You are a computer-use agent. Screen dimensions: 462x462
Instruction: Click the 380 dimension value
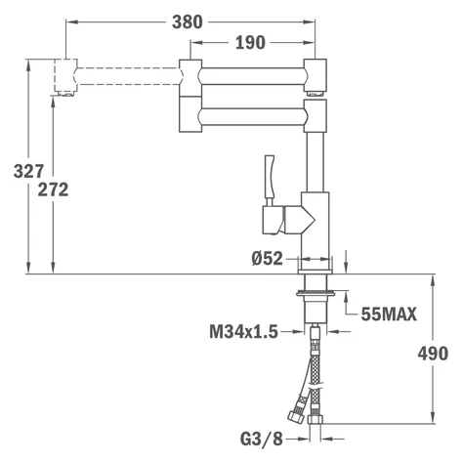(188, 22)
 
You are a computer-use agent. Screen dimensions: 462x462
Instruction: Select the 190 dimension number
(250, 43)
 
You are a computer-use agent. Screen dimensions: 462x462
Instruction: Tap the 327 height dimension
(28, 171)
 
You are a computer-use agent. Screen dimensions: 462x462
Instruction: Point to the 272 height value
(53, 189)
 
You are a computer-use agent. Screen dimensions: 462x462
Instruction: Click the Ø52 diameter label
(268, 259)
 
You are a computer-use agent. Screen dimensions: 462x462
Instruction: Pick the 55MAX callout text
(389, 315)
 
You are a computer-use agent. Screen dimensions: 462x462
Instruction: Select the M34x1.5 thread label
(243, 332)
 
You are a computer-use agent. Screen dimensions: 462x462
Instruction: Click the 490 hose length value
(433, 354)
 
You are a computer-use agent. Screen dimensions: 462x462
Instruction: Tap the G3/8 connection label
(262, 440)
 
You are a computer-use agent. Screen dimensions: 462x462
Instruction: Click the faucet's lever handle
(270, 180)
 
